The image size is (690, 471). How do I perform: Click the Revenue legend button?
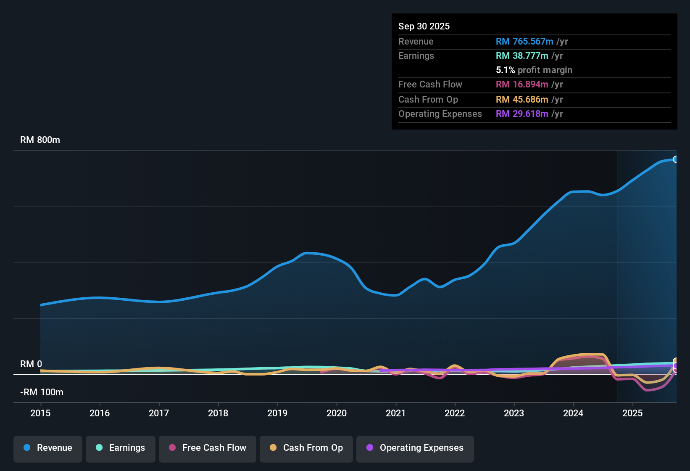(x=47, y=448)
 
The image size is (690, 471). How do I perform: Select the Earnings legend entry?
(x=120, y=448)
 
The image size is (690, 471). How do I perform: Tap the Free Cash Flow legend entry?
(x=207, y=448)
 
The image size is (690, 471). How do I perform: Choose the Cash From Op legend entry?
(x=306, y=448)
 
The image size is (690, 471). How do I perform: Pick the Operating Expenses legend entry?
(x=415, y=448)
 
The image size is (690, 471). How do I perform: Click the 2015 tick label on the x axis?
(x=40, y=413)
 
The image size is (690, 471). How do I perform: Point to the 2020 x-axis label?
(x=337, y=413)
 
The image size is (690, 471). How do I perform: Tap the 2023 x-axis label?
(x=514, y=413)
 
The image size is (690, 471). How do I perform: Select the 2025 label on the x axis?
(x=632, y=413)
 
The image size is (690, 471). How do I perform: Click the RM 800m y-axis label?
(x=40, y=140)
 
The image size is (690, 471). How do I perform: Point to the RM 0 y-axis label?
(x=31, y=364)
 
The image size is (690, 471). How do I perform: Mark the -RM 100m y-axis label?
(x=42, y=392)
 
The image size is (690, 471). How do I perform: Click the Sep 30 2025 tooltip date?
(x=424, y=26)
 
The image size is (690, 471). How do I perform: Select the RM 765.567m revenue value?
(x=524, y=42)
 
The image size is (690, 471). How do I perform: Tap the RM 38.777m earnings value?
(x=522, y=56)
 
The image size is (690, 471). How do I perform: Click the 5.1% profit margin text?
(x=534, y=70)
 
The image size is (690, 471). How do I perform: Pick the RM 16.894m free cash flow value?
(x=522, y=85)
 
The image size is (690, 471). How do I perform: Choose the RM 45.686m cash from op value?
(x=522, y=100)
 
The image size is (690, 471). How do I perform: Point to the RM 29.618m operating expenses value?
(x=522, y=114)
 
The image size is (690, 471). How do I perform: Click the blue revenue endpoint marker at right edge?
(x=675, y=159)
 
